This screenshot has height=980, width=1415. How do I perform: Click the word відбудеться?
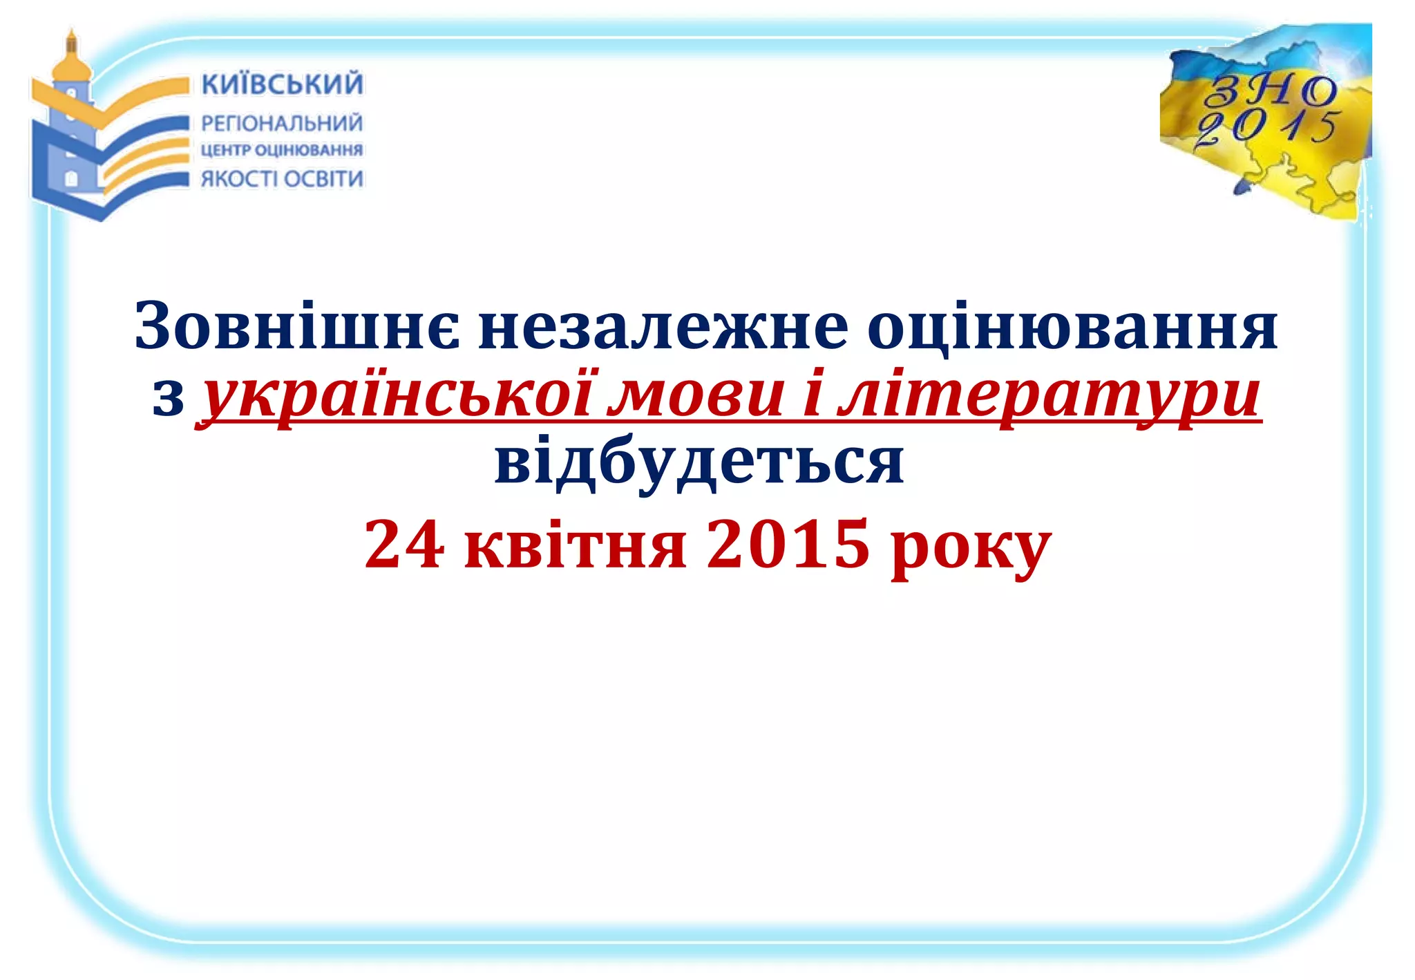pyautogui.click(x=699, y=462)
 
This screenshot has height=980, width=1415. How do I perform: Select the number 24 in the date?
pyautogui.click(x=404, y=545)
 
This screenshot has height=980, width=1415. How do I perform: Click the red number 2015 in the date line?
pyautogui.click(x=788, y=545)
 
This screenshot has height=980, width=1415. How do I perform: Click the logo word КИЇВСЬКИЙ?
pyautogui.click(x=282, y=84)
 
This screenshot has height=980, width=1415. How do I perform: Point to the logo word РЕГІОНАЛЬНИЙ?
pyautogui.click(x=282, y=124)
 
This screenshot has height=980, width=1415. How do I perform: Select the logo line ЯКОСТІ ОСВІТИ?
pyautogui.click(x=282, y=179)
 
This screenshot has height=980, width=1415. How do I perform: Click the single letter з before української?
pyautogui.click(x=168, y=399)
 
